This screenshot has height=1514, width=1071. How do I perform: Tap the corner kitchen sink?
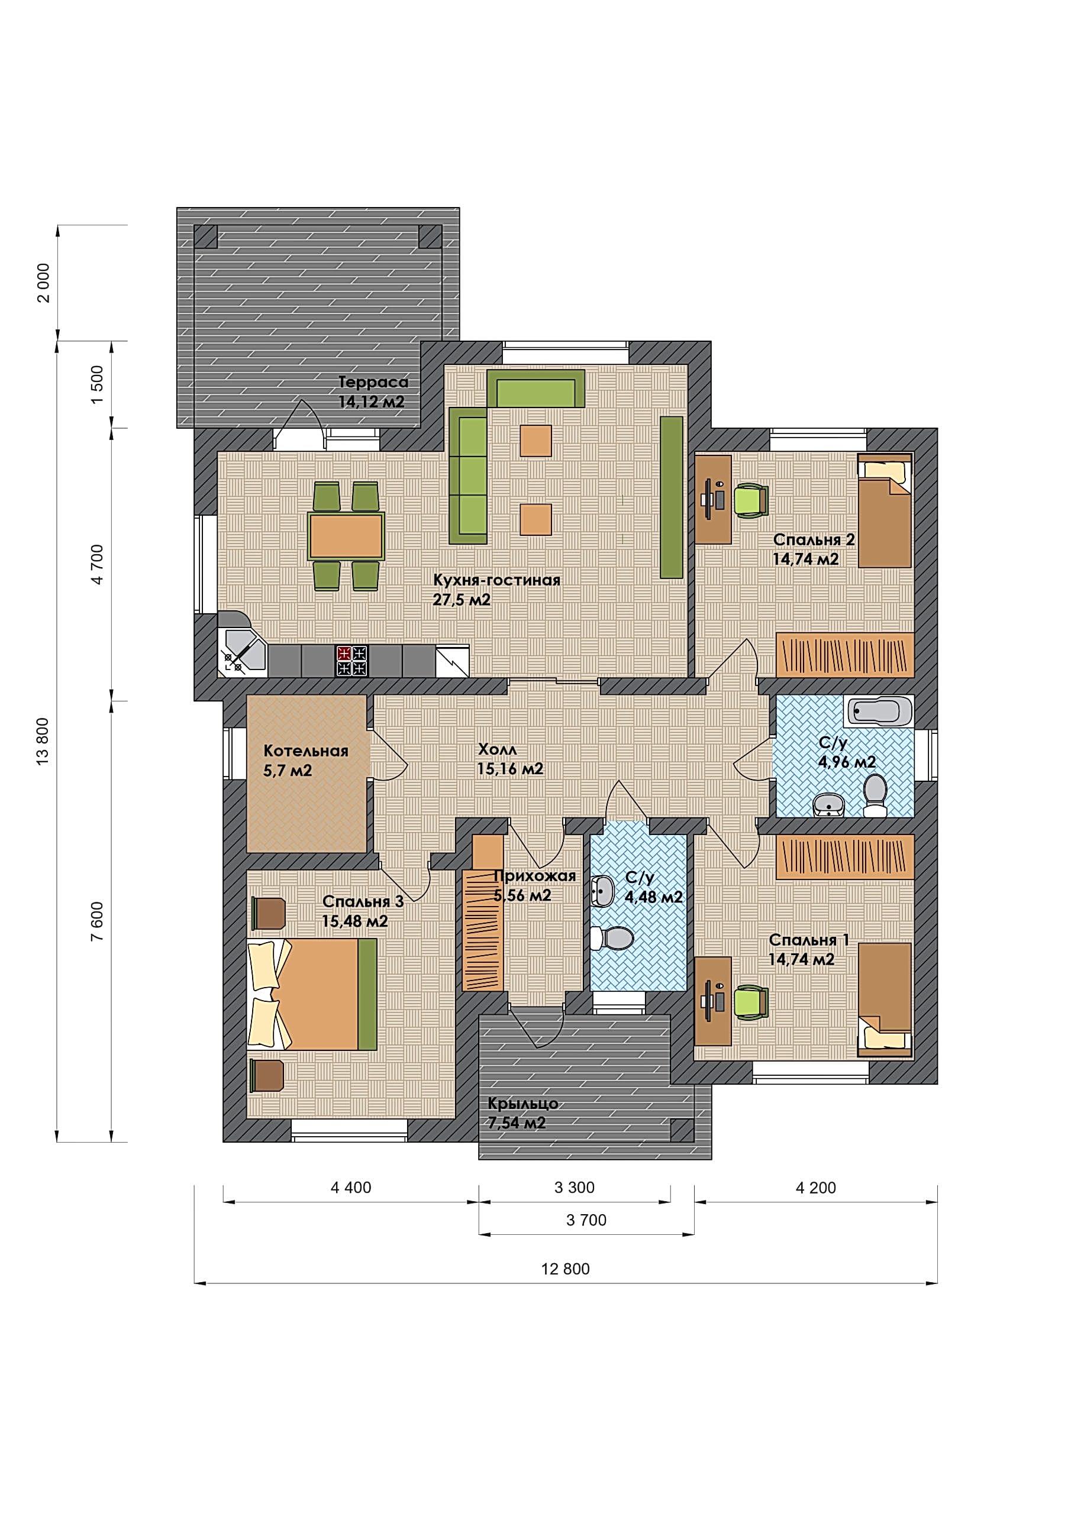coord(242,654)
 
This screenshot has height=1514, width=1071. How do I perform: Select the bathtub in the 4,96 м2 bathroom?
coord(878,711)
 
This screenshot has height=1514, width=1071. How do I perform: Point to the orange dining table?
coord(346,536)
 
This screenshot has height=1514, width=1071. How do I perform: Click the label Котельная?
coord(305,751)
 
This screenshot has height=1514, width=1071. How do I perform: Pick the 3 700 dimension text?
coord(586,1220)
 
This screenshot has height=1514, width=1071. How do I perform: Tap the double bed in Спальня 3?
coord(312,994)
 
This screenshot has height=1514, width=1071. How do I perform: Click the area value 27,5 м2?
coord(462,600)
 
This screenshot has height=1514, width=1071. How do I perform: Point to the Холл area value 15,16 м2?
coord(510,769)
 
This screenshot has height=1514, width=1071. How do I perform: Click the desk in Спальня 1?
coord(714,1001)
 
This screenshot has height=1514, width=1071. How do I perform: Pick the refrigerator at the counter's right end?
coord(452,661)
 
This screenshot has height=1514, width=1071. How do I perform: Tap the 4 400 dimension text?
coord(351,1188)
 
